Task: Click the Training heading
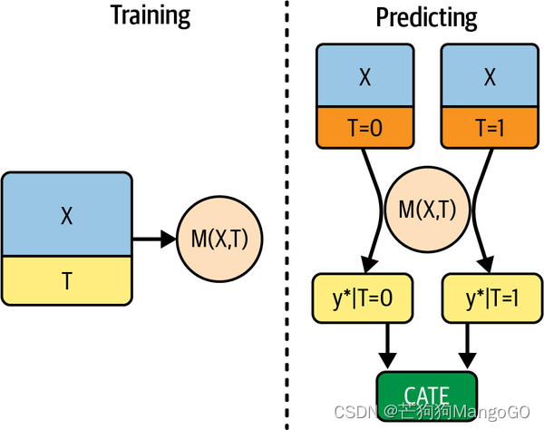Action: coord(150,15)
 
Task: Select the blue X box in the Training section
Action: coord(66,215)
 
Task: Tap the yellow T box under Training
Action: coord(66,280)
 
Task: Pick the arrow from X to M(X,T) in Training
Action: coord(154,239)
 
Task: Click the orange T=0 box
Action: coord(364,127)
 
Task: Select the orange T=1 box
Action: coord(490,127)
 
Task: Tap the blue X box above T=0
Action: coord(364,76)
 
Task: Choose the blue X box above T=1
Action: coord(490,76)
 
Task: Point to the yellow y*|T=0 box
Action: coord(364,298)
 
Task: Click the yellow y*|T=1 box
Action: coord(490,298)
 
